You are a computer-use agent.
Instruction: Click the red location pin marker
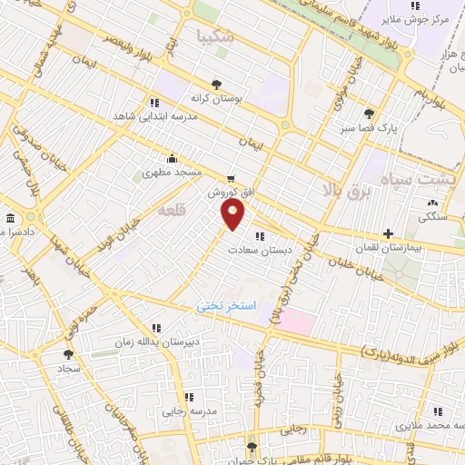coord(233,214)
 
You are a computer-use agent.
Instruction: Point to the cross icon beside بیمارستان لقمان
coord(389,233)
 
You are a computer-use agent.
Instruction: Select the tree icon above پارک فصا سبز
coord(368,114)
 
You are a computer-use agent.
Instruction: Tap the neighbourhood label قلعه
coord(171,211)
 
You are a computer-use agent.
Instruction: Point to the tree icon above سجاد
coord(67,355)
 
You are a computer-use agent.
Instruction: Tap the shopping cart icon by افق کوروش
coord(232,179)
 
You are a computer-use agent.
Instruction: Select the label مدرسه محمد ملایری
coord(424,424)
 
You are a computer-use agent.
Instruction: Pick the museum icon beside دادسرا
coord(10,219)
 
